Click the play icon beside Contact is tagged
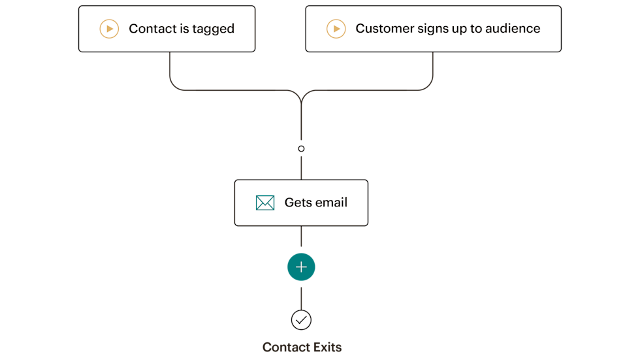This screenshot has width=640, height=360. point(109,29)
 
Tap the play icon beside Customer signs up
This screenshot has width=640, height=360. point(336,29)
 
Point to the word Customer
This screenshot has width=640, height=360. point(384,29)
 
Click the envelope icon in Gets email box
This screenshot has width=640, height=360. point(264,203)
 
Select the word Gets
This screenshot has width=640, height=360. point(298,203)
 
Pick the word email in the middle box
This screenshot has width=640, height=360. point(332,203)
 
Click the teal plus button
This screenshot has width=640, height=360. point(301,267)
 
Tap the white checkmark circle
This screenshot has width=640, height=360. point(301,320)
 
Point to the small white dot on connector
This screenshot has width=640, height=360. point(301,149)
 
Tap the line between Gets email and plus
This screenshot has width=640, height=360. point(301,238)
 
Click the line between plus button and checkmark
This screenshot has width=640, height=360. point(301,295)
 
